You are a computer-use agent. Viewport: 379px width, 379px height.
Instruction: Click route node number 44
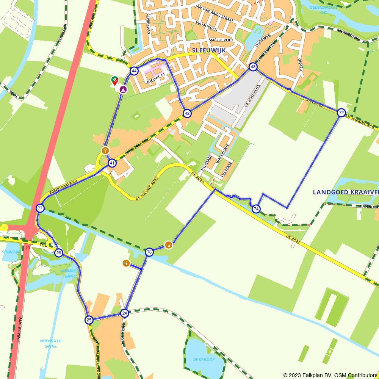pyautogui.click(x=134, y=71)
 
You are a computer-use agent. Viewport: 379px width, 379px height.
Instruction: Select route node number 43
pyautogui.click(x=253, y=67)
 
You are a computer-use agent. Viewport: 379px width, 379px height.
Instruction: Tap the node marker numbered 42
pyautogui.click(x=187, y=113)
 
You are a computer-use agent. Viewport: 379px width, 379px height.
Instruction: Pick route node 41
pyautogui.click(x=112, y=163)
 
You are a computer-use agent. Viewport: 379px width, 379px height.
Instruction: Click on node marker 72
pyautogui.click(x=341, y=113)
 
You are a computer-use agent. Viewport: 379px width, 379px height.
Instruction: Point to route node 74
pyautogui.click(x=256, y=209)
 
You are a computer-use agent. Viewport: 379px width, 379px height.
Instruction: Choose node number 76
pyautogui.click(x=149, y=252)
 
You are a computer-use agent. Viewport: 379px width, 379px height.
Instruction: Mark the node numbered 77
pyautogui.click(x=40, y=208)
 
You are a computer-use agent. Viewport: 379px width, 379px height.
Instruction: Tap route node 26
pyautogui.click(x=58, y=253)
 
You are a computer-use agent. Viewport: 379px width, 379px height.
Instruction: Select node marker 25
pyautogui.click(x=89, y=320)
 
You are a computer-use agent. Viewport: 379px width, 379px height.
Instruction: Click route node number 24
pyautogui.click(x=124, y=313)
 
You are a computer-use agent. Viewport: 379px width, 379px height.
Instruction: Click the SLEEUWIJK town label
pyautogui.click(x=209, y=50)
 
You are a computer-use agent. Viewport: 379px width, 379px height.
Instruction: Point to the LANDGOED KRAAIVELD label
pyautogui.click(x=345, y=193)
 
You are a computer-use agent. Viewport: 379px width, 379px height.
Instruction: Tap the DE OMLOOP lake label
pyautogui.click(x=204, y=359)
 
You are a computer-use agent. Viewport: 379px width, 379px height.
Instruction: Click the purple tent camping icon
pyautogui.click(x=123, y=89)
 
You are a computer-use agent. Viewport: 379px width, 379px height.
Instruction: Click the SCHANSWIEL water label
pyautogui.click(x=11, y=252)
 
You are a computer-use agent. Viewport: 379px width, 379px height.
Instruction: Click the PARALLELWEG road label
pyautogui.click(x=19, y=329)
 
